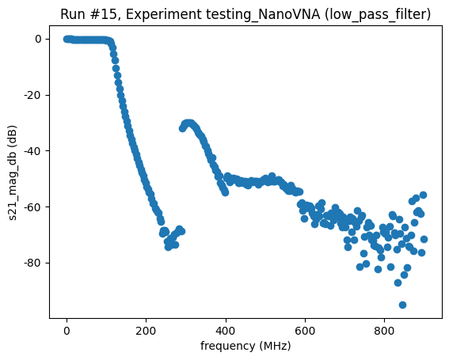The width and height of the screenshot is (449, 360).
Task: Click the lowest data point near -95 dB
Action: tap(402, 305)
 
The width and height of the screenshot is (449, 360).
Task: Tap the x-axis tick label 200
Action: tap(146, 330)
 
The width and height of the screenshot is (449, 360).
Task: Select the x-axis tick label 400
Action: tap(226, 330)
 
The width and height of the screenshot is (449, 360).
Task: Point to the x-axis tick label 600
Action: tap(305, 330)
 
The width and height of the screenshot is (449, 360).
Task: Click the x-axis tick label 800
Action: tap(384, 330)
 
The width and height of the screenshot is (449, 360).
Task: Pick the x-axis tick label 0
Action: tap(67, 330)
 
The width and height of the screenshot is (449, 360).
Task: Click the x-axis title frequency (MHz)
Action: tap(246, 346)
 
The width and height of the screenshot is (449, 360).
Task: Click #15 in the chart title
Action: tap(101, 13)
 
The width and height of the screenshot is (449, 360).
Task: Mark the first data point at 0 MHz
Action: tap(67, 39)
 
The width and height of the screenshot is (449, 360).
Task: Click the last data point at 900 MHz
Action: tap(424, 239)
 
